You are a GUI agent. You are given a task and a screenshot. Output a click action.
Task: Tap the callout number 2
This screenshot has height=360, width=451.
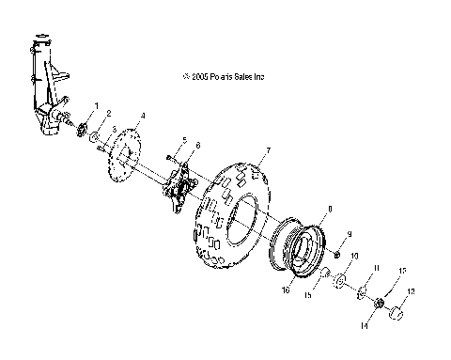109,114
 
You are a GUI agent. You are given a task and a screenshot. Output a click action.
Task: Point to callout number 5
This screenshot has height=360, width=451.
184,139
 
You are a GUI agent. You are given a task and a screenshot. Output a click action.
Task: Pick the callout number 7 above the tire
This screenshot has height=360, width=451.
268,150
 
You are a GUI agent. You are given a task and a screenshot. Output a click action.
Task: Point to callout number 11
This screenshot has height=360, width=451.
376,269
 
